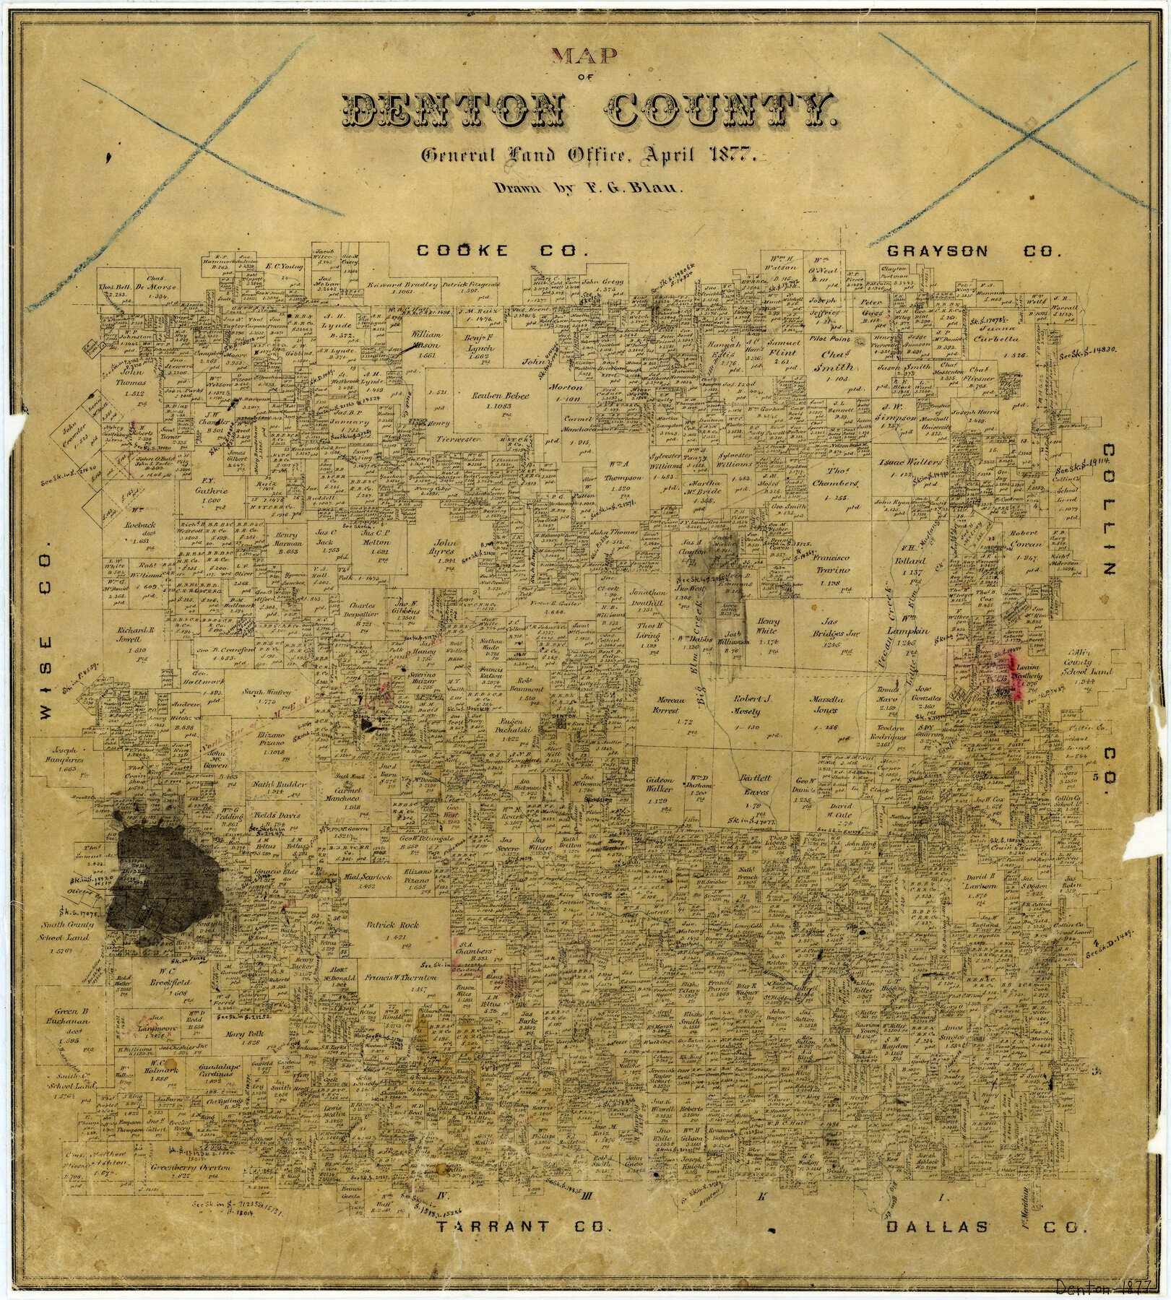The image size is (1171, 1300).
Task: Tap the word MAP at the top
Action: pyautogui.click(x=584, y=56)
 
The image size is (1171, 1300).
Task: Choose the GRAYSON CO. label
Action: pyautogui.click(x=974, y=251)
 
